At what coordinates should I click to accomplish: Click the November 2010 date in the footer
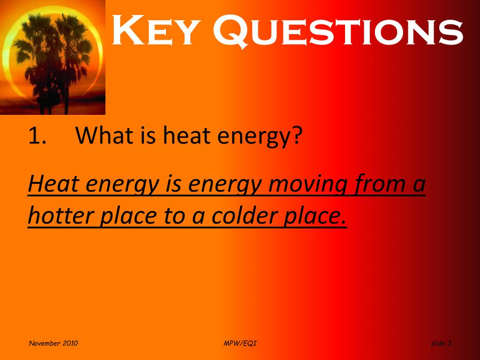coord(53,344)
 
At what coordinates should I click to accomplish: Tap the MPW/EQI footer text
coord(240,344)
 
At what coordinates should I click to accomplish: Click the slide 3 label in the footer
coord(440,344)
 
